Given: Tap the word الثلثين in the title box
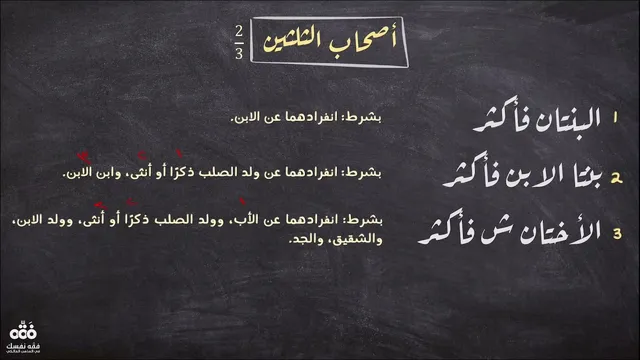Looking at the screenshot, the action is point(294,42).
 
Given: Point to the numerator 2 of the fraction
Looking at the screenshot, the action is point(239,32).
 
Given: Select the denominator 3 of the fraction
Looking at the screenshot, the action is point(239,53).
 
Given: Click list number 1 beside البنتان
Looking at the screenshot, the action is point(615,118).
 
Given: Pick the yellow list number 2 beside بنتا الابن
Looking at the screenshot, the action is point(616,178).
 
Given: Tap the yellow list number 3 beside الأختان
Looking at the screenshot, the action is point(617,233).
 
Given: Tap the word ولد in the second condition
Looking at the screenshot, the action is point(251,172).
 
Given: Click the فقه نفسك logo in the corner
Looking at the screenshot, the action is point(23,337).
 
